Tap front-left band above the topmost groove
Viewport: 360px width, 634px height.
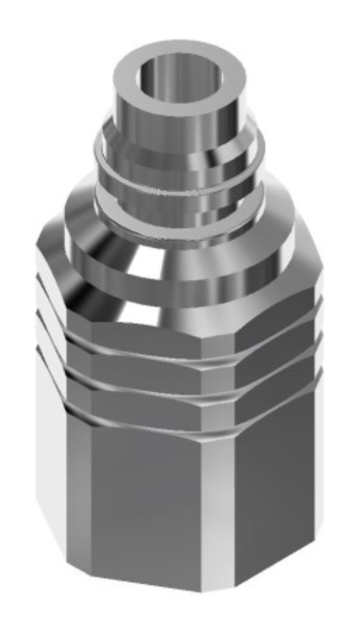pos(143,334)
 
